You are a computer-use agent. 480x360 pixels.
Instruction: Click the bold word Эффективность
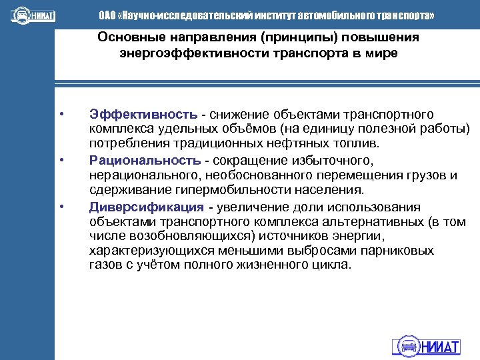coord(143,115)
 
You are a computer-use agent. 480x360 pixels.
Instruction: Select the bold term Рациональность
coord(145,161)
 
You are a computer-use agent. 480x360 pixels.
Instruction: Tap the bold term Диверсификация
coord(146,207)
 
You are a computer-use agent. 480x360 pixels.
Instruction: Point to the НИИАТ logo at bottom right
coord(426,346)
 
